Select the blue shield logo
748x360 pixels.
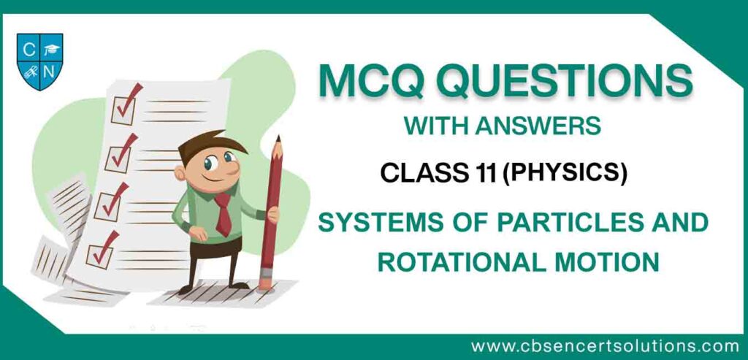39,61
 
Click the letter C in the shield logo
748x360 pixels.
28,50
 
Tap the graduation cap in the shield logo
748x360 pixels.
52,49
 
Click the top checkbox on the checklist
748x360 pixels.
123,110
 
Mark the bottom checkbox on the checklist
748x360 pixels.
99,254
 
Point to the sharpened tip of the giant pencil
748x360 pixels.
278,137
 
